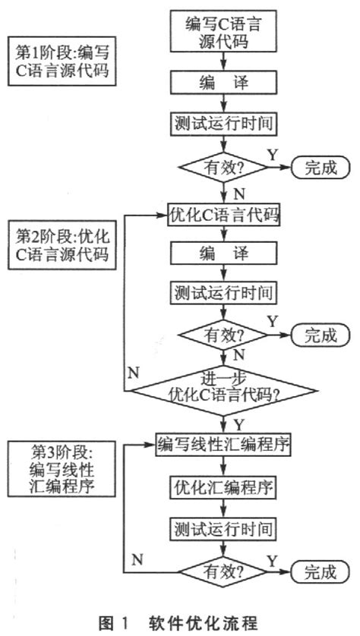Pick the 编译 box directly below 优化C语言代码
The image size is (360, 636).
[223, 253]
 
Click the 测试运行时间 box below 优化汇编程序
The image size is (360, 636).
[223, 527]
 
